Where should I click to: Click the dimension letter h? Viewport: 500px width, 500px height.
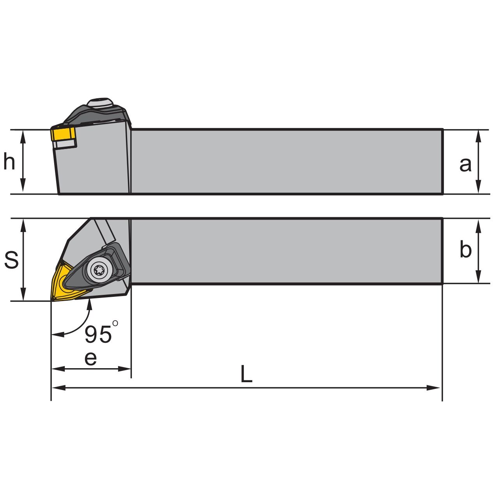click(9, 161)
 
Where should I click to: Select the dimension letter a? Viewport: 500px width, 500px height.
click(465, 165)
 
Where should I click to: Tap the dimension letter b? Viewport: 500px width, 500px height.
click(466, 249)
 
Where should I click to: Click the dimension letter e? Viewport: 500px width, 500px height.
click(90, 358)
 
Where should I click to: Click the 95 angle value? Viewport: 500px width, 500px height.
click(98, 335)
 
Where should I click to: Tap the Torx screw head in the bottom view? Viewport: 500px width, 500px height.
click(99, 271)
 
